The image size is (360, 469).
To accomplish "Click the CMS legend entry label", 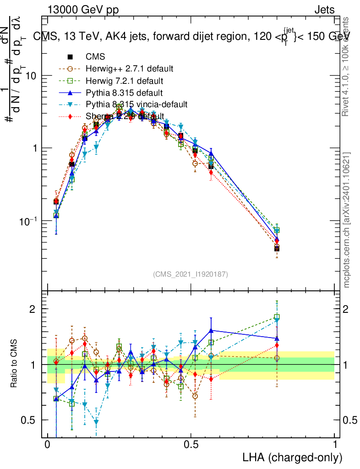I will (95, 57).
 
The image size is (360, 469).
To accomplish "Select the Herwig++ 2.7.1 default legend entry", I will (129, 69).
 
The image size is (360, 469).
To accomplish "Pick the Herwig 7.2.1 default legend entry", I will (124, 81).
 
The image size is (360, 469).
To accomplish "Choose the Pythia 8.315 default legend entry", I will (123, 93).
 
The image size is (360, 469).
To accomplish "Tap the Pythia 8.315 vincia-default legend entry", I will (136, 105).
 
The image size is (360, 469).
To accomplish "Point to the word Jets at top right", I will (324, 10).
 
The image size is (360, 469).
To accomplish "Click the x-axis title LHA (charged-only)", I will (293, 457).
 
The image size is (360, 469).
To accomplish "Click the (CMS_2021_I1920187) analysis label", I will (191, 274).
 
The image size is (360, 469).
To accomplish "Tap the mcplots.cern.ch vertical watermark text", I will (348, 220).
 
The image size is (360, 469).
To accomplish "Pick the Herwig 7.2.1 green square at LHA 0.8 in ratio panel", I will (277, 317).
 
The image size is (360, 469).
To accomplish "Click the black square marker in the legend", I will (71, 57).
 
